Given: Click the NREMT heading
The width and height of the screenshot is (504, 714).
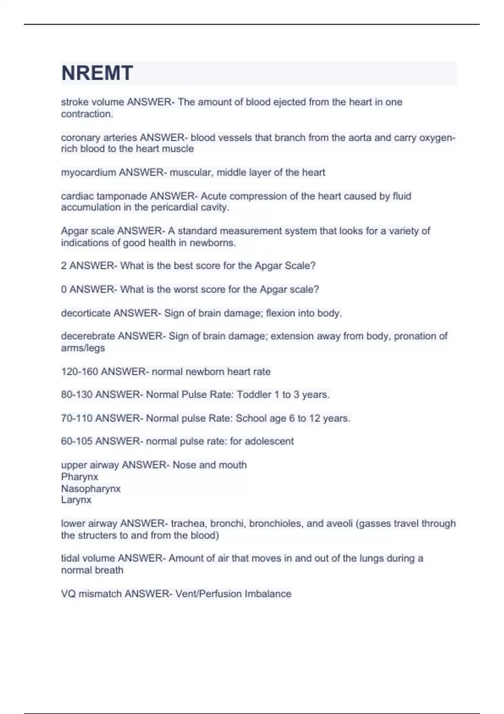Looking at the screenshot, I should pos(97,73).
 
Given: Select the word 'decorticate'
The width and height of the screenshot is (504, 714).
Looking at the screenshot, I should pos(86,313).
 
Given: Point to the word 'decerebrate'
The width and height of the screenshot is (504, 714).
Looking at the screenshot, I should pos(88,336).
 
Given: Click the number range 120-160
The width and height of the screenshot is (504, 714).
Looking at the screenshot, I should pos(79,372).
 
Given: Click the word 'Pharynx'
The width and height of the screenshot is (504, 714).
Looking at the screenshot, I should pos(79,477).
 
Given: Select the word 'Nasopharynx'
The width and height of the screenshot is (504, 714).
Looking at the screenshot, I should pos(91,489).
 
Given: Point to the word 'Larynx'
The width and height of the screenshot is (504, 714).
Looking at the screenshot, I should pos(76,500).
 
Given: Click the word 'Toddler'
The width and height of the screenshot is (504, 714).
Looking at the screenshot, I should pos(254,395).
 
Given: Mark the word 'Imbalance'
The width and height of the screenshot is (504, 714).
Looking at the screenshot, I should pos(268,594).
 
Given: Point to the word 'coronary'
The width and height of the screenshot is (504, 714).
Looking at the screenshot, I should pos(78,138).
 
